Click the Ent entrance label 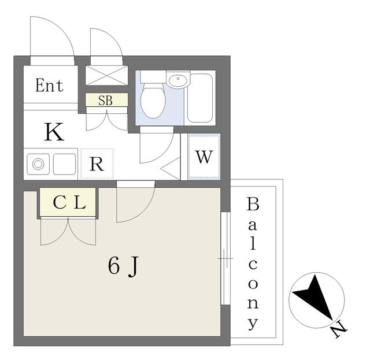tap(49, 86)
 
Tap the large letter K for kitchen tap(54, 132)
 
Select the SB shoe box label tap(105, 101)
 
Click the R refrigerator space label tap(97, 164)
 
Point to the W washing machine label tap(204, 157)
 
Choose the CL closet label tap(69, 203)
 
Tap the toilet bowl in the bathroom tap(153, 101)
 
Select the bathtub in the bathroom tap(200, 98)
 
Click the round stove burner tap(38, 164)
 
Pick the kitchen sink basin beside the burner tap(64, 164)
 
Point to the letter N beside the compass tap(339, 330)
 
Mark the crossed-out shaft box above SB tap(106, 76)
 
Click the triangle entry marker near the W tap(171, 169)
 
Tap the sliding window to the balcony tap(225, 258)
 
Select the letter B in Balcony tap(253, 205)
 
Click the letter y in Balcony tap(253, 324)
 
